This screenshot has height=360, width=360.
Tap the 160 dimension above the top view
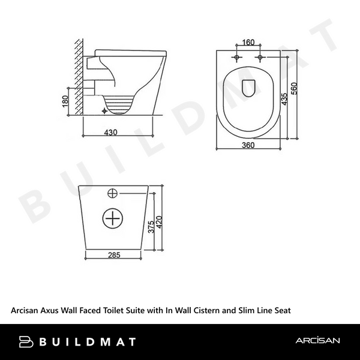[x=248, y=43]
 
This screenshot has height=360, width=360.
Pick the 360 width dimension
[x=248, y=145]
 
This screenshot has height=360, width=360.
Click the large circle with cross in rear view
[x=113, y=219]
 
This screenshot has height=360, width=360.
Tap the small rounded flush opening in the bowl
[x=248, y=87]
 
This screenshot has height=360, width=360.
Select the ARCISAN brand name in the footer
[x=317, y=341]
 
